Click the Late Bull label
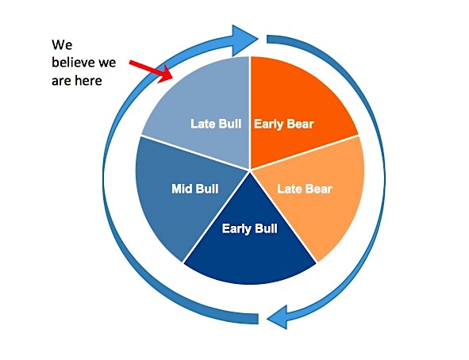[216, 124]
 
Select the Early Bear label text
[284, 124]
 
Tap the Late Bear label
[305, 189]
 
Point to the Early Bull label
[250, 229]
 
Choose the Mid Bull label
[195, 189]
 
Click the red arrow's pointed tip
[172, 79]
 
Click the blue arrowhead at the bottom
[278, 317]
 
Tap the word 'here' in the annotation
[88, 81]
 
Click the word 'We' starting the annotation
[62, 45]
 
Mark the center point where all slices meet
[250, 170]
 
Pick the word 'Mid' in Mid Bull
[183, 189]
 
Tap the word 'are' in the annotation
[62, 81]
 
